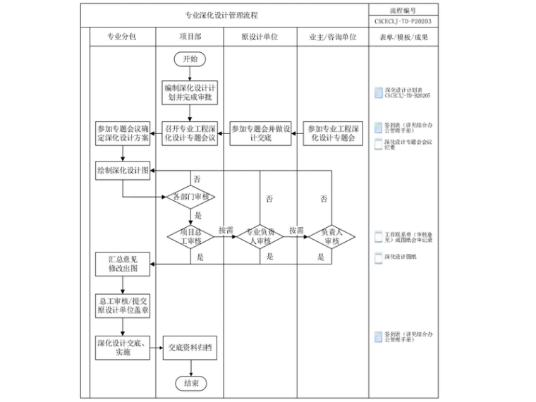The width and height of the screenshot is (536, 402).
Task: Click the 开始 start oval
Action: (x=190, y=60)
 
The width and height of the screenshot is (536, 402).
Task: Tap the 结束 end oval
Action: (x=190, y=383)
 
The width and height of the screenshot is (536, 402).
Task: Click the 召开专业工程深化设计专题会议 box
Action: (x=190, y=133)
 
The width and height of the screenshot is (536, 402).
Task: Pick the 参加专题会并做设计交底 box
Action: (x=260, y=133)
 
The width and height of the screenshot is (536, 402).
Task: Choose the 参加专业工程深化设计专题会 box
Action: (x=331, y=133)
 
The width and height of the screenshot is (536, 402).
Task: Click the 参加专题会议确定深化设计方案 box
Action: (x=123, y=133)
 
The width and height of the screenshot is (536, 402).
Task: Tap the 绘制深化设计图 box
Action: (x=123, y=170)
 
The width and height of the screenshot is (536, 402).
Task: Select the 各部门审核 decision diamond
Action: (x=190, y=197)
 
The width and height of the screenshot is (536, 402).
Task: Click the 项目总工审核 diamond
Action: (x=190, y=236)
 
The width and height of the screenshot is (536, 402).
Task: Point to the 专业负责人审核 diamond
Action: (x=260, y=236)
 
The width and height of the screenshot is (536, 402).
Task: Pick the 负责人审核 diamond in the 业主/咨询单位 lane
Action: (x=331, y=236)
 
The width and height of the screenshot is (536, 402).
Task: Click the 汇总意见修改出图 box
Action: (x=123, y=264)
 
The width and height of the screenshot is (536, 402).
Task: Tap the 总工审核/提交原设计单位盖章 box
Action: (x=123, y=305)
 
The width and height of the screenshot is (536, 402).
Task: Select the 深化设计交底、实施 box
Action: (x=123, y=347)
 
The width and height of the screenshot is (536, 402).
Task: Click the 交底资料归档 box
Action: (x=190, y=347)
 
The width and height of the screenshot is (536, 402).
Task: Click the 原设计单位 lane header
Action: (x=260, y=37)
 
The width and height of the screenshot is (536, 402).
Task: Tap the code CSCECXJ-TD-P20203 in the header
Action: (x=403, y=21)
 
